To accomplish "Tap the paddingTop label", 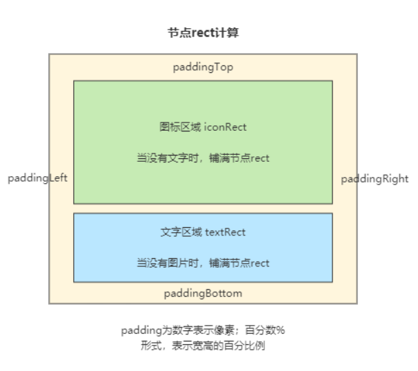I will point(203,67).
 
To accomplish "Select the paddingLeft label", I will point(37,178).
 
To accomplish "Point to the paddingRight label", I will point(375,179).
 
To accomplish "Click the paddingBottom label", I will point(203,293).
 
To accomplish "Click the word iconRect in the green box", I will point(226,127).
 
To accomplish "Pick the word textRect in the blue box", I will point(226,232).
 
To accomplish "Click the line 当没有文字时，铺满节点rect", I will point(203,158).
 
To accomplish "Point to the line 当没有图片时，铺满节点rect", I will point(203,263).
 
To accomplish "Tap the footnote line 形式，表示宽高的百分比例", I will point(203,346).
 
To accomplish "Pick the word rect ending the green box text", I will point(260,158).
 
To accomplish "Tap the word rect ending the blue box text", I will point(260,263).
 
